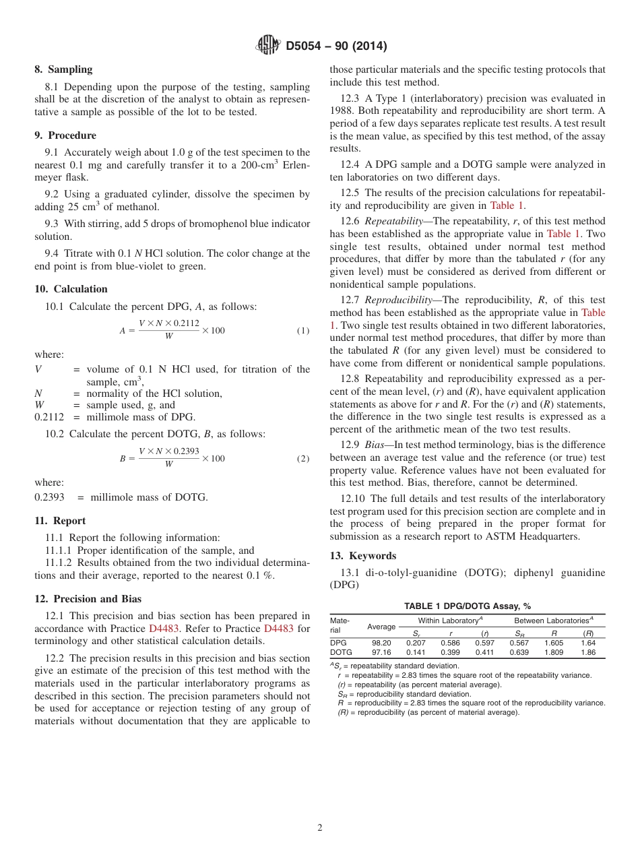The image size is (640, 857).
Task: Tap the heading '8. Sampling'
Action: point(63,69)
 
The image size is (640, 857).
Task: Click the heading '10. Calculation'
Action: point(71,289)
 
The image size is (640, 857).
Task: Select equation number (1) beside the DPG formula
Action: point(302,331)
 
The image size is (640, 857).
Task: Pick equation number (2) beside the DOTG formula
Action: point(302,459)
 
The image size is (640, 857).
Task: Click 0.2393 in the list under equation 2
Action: point(49,497)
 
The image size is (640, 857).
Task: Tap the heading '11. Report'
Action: point(60,521)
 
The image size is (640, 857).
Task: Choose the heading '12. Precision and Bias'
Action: point(88,599)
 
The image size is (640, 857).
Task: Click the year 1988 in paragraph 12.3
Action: point(343,111)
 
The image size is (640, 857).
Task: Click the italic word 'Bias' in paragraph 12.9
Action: point(375,445)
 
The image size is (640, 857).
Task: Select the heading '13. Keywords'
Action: point(362,556)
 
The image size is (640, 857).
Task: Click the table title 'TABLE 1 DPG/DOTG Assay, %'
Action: point(467,606)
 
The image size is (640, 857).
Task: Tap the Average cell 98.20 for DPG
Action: point(381,643)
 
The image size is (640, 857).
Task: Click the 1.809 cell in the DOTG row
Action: point(553,652)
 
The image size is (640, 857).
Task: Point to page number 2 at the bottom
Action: point(320,828)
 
